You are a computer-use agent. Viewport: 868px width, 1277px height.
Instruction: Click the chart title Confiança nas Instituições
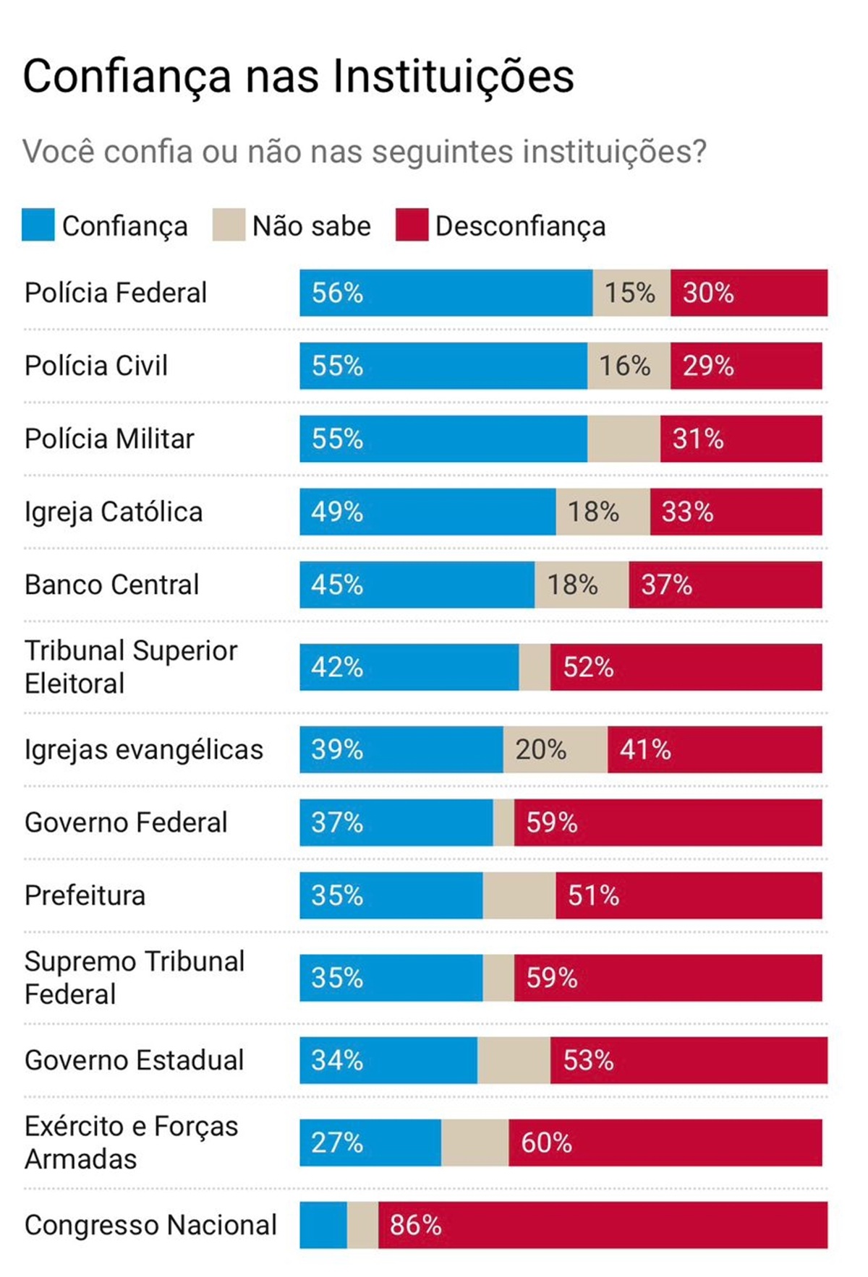298,76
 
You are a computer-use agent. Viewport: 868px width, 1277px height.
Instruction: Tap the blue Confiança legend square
38,225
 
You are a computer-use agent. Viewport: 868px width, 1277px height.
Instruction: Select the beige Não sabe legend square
229,225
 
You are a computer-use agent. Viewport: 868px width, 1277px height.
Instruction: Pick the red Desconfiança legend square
412,225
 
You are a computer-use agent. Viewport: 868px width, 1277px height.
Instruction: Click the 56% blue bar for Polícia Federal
446,293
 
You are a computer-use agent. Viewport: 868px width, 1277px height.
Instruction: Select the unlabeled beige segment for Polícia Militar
623,439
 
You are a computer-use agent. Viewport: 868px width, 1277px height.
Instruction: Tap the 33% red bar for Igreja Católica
736,512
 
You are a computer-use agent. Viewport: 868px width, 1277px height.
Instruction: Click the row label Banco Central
111,585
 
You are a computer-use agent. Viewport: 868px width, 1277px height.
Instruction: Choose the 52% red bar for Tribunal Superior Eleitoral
686,667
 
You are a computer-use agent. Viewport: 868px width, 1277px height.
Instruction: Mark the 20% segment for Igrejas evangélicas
555,749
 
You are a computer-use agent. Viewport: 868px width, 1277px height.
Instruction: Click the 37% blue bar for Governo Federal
396,822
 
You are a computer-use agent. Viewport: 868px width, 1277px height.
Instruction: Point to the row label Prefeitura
85,895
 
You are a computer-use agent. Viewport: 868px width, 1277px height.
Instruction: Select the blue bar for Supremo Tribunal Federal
391,978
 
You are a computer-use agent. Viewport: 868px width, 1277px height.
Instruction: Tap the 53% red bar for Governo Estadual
689,1060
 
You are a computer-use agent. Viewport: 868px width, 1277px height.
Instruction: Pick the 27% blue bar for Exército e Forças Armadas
370,1143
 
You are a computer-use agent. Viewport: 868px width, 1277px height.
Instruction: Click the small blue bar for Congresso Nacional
323,1225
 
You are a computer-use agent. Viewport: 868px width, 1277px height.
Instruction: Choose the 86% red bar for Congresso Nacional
603,1225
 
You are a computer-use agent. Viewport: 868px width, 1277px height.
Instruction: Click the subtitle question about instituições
364,152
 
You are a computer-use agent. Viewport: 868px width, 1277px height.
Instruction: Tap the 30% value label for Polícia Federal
708,293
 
